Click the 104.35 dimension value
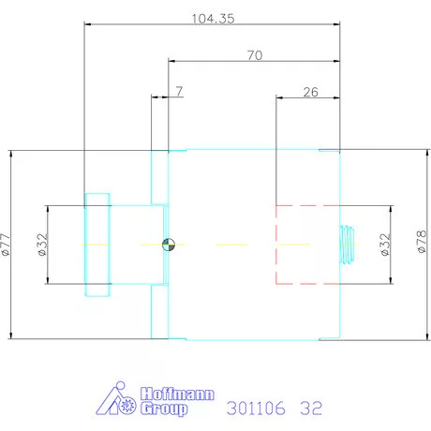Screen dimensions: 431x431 [213, 19]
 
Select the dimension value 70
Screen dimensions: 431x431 [255, 55]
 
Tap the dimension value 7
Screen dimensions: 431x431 [179, 91]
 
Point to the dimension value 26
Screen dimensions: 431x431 [311, 92]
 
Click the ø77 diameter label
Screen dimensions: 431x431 [6, 245]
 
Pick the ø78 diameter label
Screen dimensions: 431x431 [422, 242]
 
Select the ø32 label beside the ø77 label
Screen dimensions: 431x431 [43, 245]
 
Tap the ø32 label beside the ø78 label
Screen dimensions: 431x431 [386, 245]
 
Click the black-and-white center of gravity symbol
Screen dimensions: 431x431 [169, 245]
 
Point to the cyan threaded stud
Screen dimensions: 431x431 [347, 245]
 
